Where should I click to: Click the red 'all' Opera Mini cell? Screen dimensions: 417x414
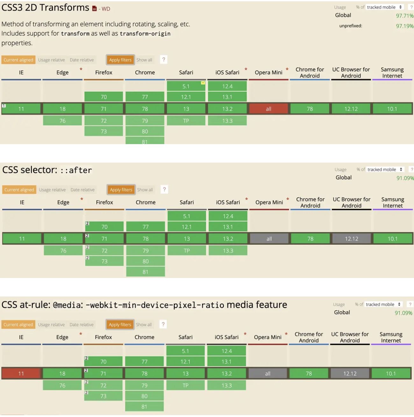[268, 109]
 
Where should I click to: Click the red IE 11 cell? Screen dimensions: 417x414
[21, 373]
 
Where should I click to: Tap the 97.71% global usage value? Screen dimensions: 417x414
[404, 16]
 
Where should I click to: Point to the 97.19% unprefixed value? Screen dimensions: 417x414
[404, 26]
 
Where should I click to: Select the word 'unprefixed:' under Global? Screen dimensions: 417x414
[351, 26]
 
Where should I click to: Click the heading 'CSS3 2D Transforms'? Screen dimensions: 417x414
[45, 8]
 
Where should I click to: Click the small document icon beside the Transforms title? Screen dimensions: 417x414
[94, 9]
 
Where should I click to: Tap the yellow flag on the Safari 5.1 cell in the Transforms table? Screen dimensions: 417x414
[203, 83]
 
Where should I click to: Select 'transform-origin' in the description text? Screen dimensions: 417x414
[145, 33]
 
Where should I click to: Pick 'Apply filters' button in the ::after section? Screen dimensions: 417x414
[121, 190]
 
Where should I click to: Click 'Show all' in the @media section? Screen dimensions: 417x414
[144, 325]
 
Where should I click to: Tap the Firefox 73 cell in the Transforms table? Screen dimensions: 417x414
[103, 131]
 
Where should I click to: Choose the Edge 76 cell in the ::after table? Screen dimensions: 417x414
[63, 251]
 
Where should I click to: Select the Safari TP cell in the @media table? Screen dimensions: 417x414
[185, 385]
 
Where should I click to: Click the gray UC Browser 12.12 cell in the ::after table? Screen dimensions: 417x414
[351, 239]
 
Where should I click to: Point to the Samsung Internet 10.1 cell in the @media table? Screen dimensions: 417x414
[391, 373]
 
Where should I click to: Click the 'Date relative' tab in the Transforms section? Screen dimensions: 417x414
[82, 60]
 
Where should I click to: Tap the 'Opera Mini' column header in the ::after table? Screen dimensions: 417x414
[269, 202]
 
